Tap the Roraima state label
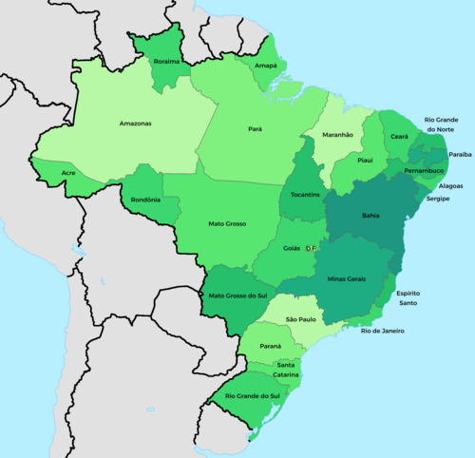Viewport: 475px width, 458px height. (168, 62)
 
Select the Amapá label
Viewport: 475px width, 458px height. (266, 67)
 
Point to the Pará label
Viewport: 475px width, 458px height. (255, 128)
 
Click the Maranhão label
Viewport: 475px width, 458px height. (337, 135)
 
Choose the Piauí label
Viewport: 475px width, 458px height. (365, 161)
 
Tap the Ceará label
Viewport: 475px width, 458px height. (398, 137)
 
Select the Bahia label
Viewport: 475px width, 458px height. (370, 215)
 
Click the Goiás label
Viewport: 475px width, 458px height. (292, 247)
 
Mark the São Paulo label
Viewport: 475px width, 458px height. (300, 319)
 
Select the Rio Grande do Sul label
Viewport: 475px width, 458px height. (253, 395)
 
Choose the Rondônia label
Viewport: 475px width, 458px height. (145, 200)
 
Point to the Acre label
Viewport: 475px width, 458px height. (68, 173)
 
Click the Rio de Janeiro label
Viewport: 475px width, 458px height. (383, 331)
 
